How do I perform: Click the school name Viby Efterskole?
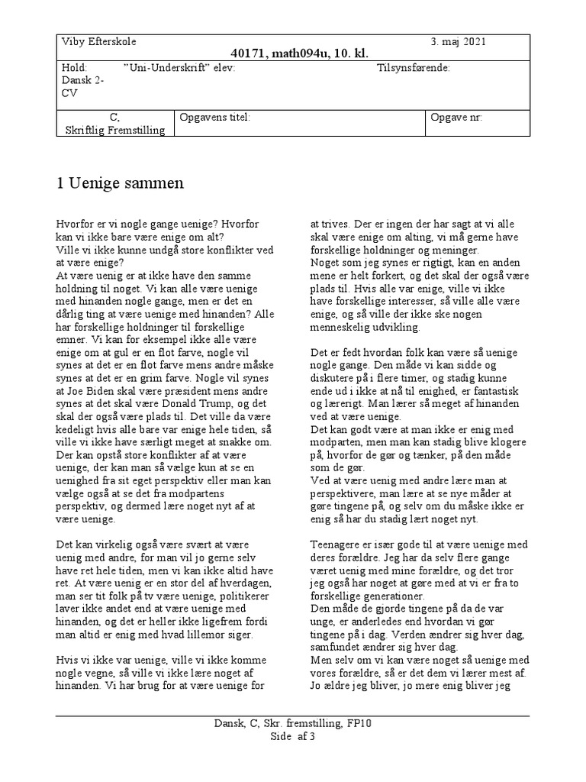pyautogui.click(x=98, y=42)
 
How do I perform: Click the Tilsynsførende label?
pyautogui.click(x=414, y=67)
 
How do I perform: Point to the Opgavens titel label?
pyautogui.click(x=214, y=118)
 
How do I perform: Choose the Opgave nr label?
pyautogui.click(x=456, y=118)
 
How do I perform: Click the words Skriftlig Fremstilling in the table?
pyautogui.click(x=114, y=131)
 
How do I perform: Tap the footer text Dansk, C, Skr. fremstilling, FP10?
pyautogui.click(x=293, y=723)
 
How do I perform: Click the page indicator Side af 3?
pyautogui.click(x=293, y=736)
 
